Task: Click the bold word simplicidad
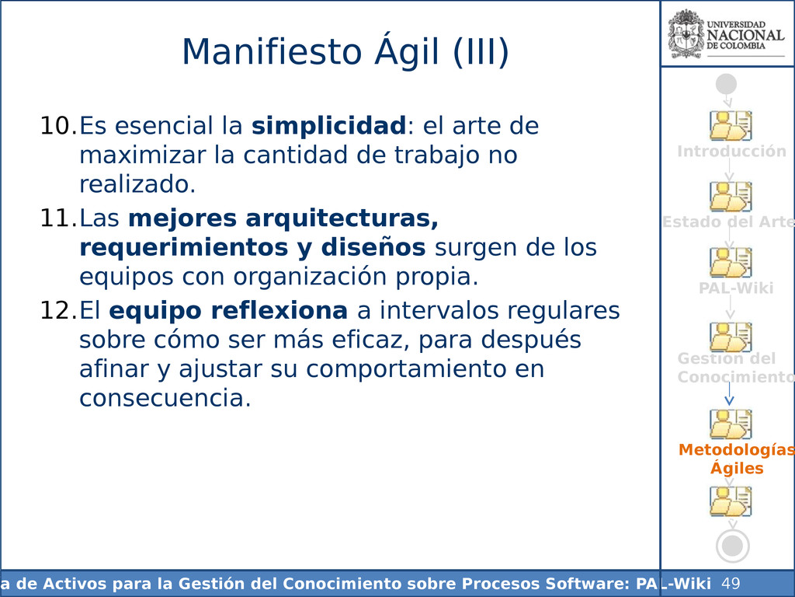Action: point(328,125)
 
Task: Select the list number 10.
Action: point(58,126)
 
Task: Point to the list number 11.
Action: point(58,218)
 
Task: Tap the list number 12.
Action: point(58,311)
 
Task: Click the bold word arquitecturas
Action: point(342,218)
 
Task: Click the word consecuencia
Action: point(165,398)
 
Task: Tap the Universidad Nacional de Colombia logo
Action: point(726,34)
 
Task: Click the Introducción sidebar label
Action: point(731,152)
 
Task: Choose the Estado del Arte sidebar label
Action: point(728,222)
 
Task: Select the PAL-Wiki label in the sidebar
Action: point(736,288)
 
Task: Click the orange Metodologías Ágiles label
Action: point(737,459)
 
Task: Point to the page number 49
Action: point(731,583)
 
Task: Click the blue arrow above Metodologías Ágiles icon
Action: point(729,393)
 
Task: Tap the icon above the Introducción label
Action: point(731,125)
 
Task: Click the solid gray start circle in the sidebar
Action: point(726,84)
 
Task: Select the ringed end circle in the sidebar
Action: point(733,546)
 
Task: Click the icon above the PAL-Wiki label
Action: point(731,263)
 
